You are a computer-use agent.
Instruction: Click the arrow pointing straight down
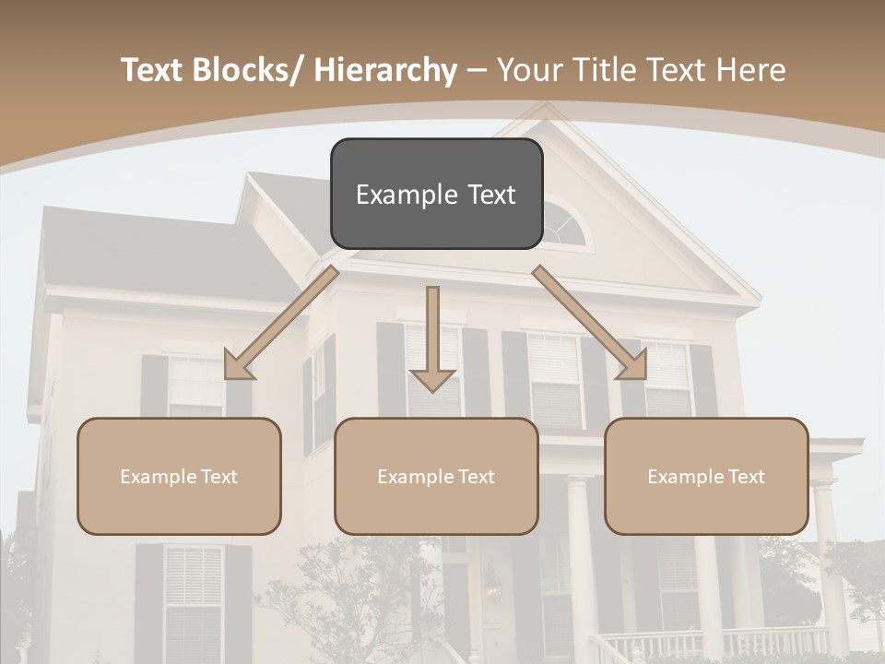tap(432, 341)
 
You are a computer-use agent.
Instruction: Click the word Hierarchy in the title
tap(385, 71)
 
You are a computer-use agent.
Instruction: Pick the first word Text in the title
tap(153, 71)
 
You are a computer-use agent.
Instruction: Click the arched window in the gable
tap(563, 226)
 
